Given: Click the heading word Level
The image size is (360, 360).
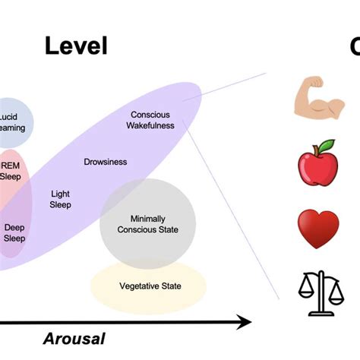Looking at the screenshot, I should coord(76,46).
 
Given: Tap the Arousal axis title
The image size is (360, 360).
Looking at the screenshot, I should coord(74,339).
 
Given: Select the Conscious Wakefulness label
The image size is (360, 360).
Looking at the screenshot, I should coord(150,120).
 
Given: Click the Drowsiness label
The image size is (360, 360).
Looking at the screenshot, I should coord(105,162).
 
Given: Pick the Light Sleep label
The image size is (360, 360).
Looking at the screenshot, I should coord(61,199).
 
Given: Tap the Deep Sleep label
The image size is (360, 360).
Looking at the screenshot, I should coord(14,232).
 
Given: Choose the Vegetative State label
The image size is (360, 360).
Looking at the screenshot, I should coord(150,286).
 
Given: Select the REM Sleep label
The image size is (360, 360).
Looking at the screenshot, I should coord(11,171).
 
